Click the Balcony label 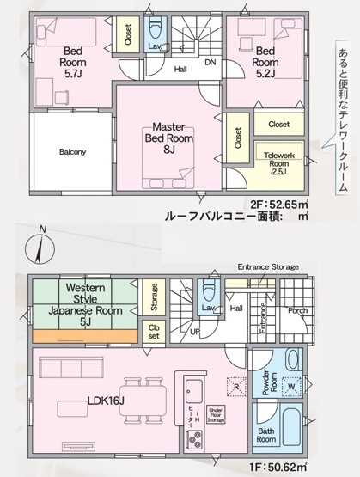coord(72,152)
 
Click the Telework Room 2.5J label coord(278,162)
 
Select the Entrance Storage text coord(267,267)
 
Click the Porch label coord(298,311)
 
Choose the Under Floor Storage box coord(217,416)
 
